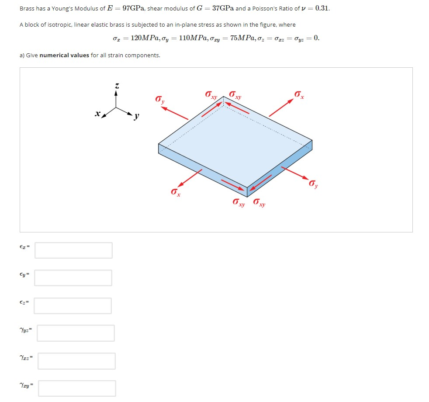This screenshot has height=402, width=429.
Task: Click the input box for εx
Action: pos(73,250)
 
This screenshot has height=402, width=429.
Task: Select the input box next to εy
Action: pos(73,277)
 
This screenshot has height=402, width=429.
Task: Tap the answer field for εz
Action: pos(73,305)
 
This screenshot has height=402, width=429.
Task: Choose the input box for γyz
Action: pos(76,333)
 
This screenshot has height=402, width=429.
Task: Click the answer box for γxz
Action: pos(76,361)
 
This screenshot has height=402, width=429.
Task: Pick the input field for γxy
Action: pos(77,388)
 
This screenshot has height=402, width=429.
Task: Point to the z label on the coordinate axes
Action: pos(116,86)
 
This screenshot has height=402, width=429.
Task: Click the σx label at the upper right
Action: pos(299,94)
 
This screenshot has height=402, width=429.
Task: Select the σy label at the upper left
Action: pos(160,100)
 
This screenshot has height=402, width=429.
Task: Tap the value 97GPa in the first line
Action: pos(131,8)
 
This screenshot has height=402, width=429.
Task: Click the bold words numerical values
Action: pos(64,55)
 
